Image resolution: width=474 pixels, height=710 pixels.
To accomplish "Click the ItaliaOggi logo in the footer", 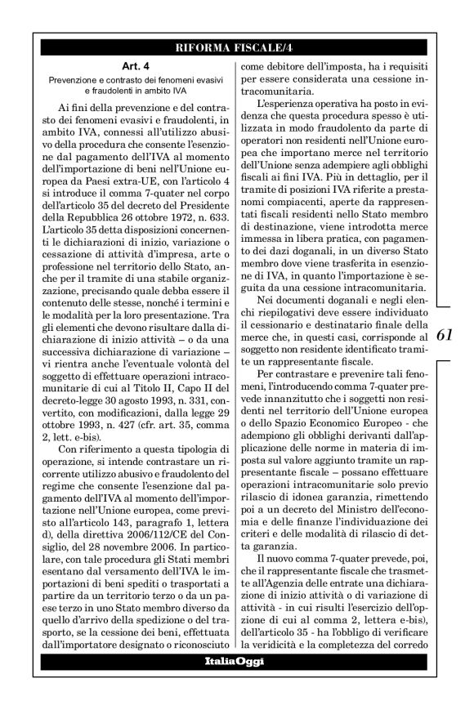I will point(234,660).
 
